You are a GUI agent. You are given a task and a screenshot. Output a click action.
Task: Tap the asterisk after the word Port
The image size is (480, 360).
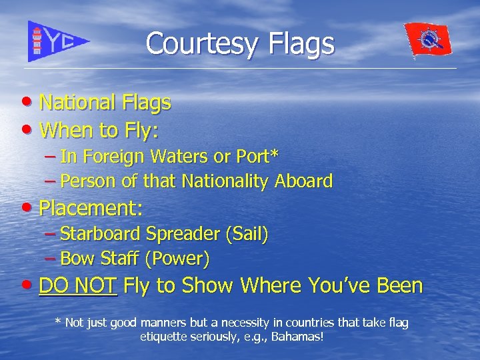[x=275, y=155]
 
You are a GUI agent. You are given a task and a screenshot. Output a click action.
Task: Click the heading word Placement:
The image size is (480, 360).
[x=91, y=208]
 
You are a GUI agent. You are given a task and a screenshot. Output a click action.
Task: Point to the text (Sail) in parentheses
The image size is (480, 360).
[x=247, y=234]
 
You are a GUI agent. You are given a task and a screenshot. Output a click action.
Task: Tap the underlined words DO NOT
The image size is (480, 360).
[x=78, y=286]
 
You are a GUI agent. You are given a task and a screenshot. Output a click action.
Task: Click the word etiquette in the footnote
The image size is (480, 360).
[x=165, y=337]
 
